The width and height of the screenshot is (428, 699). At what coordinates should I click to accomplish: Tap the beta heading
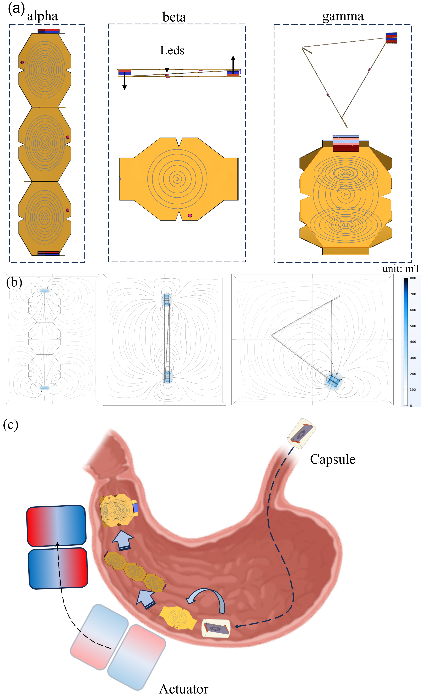[x=174, y=17]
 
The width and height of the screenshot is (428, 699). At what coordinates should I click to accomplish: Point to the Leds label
[x=172, y=51]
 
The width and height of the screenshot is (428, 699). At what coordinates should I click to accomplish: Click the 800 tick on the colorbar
[x=413, y=278]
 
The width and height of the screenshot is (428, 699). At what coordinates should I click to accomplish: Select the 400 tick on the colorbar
[x=413, y=342]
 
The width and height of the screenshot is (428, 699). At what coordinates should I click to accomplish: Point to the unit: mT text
[x=401, y=268]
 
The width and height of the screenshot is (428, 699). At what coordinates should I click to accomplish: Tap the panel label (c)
[x=11, y=425]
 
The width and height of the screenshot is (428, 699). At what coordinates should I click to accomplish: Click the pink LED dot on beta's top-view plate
[x=190, y=216]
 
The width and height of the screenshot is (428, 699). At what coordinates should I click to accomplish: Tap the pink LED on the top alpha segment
[x=22, y=62]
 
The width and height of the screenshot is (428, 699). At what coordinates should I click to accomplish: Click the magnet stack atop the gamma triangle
[x=391, y=38]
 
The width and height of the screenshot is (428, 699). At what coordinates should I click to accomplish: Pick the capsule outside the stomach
[x=301, y=434]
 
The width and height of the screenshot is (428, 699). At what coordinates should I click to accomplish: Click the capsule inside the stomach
[x=216, y=628]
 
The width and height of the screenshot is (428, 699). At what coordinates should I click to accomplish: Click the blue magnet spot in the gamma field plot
[x=333, y=381]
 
